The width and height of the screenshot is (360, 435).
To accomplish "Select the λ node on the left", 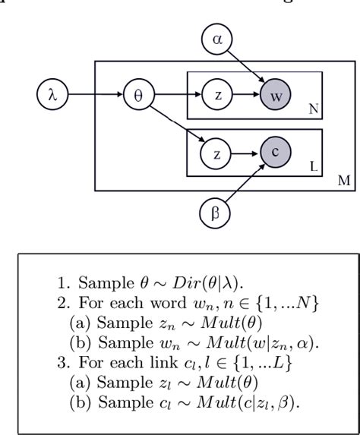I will (52, 96).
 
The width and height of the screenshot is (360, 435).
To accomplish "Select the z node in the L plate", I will (216, 155).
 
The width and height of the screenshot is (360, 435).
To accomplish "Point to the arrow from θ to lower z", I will (179, 125).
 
